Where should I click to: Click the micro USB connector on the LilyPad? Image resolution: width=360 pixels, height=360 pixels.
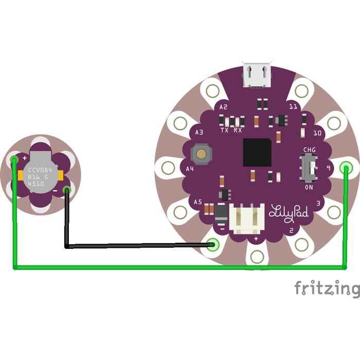257,75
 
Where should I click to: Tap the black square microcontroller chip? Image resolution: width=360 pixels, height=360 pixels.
257,152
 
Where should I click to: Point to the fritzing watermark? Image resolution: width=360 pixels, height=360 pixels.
327,289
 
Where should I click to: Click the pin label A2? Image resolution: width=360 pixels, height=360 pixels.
223,107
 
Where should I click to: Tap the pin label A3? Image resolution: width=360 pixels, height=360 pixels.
200,133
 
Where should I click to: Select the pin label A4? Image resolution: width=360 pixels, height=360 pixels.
190,169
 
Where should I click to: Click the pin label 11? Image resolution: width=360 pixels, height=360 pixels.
293,106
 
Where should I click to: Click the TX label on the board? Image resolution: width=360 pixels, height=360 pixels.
225,131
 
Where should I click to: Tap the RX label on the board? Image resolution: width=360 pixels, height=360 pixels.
238,131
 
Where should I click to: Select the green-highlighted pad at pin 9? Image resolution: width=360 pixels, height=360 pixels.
346,168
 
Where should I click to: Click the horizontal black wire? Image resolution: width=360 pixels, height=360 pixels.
139,246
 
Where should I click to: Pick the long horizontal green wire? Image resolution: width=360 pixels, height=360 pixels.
180,267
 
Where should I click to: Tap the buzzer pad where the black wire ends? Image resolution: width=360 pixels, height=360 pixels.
66,190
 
